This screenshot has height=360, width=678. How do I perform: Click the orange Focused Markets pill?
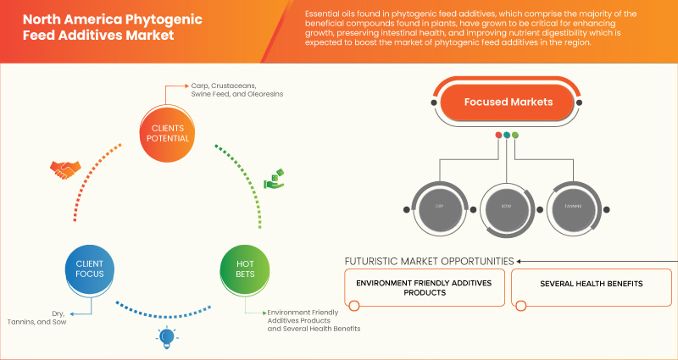tap(508, 102)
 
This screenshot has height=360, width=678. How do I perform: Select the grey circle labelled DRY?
tap(440, 206)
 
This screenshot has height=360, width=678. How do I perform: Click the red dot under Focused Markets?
tap(497, 135)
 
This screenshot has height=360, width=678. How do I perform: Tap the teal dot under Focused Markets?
tap(506, 135)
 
